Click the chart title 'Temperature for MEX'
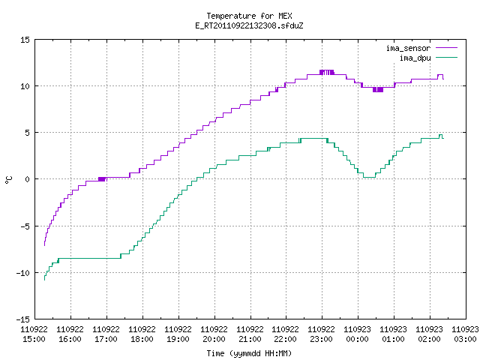249,16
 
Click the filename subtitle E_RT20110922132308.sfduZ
249,25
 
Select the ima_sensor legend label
408,48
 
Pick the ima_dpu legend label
415,58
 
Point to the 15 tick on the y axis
25,40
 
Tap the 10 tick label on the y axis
25,86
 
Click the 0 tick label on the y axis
27,179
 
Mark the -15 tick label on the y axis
23,319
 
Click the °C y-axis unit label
9,180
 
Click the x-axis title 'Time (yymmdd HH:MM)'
249,353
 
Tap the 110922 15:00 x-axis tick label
34,334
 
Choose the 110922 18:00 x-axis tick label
142,334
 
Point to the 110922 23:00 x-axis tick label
322,334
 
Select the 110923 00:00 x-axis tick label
357,334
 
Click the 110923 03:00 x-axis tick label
465,334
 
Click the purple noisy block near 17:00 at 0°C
102,179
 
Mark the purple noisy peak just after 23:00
327,72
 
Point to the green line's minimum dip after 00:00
369,177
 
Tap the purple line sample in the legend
446,48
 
